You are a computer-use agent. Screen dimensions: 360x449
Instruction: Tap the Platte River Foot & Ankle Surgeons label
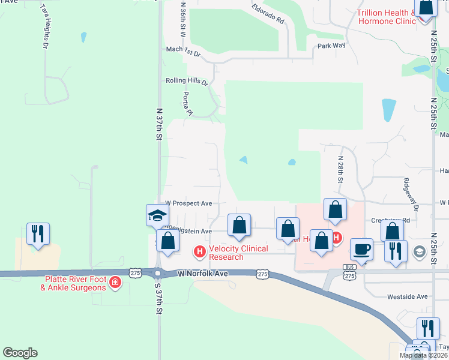click(x=74, y=283)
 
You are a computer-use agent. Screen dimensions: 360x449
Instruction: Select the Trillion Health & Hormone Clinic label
click(x=385, y=17)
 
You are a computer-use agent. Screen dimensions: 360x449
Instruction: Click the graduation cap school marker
click(x=157, y=215)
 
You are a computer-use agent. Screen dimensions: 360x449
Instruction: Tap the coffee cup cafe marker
click(x=362, y=249)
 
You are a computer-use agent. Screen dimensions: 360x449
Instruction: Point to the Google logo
click(x=20, y=352)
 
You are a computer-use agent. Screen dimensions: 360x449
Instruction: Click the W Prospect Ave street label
click(x=189, y=203)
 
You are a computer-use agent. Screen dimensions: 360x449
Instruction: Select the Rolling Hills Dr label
click(x=187, y=81)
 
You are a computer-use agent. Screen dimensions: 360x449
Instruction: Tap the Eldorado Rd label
click(x=268, y=16)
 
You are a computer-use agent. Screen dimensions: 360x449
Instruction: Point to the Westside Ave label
click(x=407, y=296)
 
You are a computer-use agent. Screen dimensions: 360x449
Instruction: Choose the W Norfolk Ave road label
click(x=203, y=274)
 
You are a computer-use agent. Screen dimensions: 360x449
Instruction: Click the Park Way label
click(x=332, y=46)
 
